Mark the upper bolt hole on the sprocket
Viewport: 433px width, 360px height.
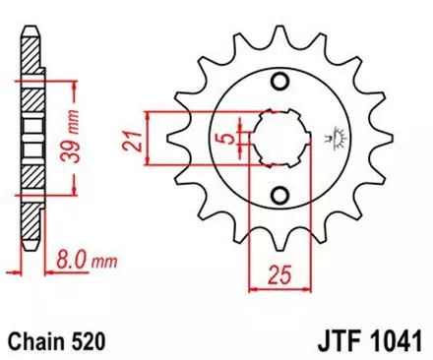click(278, 82)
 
